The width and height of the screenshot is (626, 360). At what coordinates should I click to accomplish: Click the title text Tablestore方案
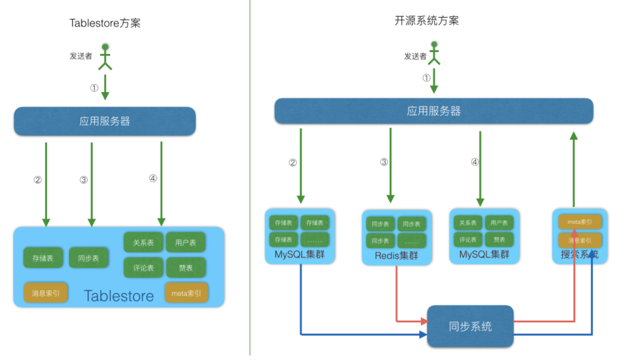[x=105, y=23]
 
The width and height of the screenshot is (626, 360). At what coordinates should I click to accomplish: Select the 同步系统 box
[x=470, y=326]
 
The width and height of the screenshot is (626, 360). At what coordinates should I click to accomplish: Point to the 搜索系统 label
[x=580, y=254]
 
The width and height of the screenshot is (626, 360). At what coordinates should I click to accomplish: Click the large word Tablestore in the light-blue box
[x=119, y=296]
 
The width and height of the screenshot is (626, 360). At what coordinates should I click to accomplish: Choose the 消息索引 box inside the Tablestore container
[x=46, y=293]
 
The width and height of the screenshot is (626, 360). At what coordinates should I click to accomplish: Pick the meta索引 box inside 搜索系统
[x=580, y=221]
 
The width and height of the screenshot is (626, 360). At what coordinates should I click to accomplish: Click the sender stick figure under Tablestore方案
[x=105, y=57]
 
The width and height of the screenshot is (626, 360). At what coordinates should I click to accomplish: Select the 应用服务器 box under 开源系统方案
[x=434, y=111]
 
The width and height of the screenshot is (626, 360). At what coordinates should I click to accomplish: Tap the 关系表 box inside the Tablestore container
[x=143, y=242]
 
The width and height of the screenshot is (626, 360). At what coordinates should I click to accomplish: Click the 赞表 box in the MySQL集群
[x=498, y=239]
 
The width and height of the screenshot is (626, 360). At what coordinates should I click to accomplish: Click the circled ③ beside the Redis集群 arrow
[x=384, y=162]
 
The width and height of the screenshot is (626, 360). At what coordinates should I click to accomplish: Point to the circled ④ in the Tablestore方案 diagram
[x=152, y=179]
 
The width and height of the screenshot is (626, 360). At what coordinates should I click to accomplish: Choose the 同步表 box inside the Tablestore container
[x=89, y=258]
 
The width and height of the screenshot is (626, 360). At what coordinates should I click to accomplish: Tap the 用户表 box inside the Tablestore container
[x=185, y=242]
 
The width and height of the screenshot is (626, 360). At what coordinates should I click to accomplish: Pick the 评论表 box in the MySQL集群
[x=468, y=239]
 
